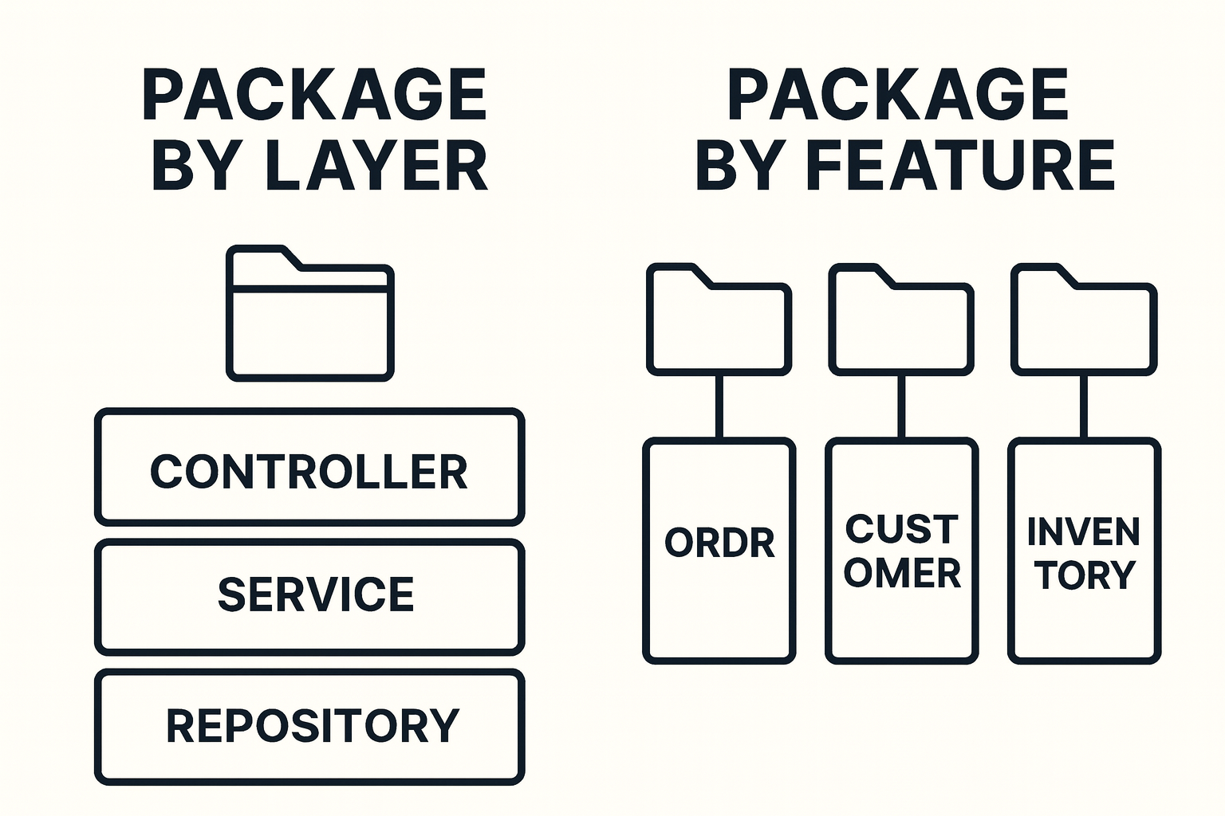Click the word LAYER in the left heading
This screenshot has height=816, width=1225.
pyautogui.click(x=376, y=166)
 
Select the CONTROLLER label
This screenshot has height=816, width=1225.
pyautogui.click(x=309, y=472)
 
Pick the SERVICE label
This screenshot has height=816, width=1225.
pyautogui.click(x=316, y=594)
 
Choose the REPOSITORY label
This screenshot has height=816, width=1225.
pyautogui.click(x=313, y=725)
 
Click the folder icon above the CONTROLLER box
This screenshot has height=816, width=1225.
pyautogui.click(x=310, y=319)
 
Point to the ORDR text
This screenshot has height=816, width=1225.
pyautogui.click(x=719, y=543)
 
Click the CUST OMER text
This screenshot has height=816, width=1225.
pyautogui.click(x=902, y=551)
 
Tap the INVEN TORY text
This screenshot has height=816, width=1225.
pyautogui.click(x=1084, y=553)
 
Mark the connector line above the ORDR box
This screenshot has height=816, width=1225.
pyautogui.click(x=719, y=406)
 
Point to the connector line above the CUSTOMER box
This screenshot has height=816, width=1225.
pyautogui.click(x=902, y=406)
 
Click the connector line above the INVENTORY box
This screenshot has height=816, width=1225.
pyautogui.click(x=1084, y=406)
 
